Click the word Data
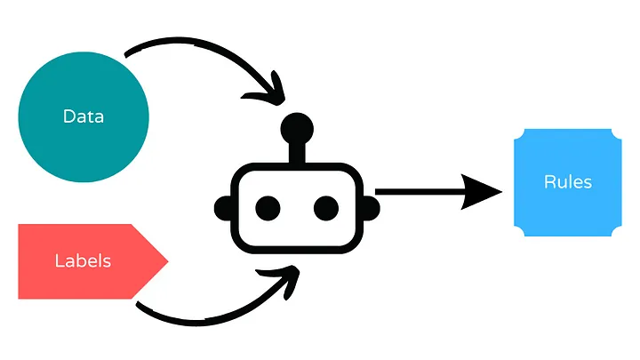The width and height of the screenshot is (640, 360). [x=83, y=116]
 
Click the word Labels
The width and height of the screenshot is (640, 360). [x=82, y=260]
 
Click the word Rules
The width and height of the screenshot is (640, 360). [x=567, y=182]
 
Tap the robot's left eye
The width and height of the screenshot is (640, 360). [x=268, y=208]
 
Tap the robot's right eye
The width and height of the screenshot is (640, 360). [x=326, y=208]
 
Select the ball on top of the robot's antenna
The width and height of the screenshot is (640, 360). [x=297, y=130]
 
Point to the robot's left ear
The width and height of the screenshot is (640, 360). [x=220, y=208]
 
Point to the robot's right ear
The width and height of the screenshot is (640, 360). [x=374, y=208]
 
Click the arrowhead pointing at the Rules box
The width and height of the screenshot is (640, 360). [x=484, y=190]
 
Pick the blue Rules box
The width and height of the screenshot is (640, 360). [x=567, y=213]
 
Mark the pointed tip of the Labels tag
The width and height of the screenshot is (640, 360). [x=166, y=260]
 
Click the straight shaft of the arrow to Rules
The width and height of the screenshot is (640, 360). [x=418, y=190]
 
